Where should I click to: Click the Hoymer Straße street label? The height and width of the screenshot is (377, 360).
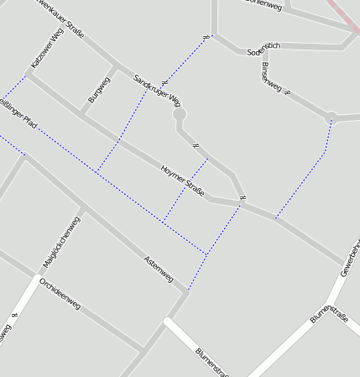pos(182,181)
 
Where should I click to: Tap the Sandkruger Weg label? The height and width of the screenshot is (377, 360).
pos(157,90)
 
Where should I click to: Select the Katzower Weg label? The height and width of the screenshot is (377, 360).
pos(46,48)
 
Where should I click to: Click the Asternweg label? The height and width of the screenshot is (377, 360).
pos(158,268)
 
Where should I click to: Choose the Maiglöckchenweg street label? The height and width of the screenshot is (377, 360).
pos(62,242)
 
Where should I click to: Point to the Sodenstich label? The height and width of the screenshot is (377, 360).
pos(263,50)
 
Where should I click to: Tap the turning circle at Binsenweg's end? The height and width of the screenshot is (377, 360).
pos(331,118)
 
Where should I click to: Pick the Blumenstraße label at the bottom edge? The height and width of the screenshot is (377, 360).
pos(211,361)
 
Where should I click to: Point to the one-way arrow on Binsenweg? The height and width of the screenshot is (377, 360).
pos(288,92)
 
